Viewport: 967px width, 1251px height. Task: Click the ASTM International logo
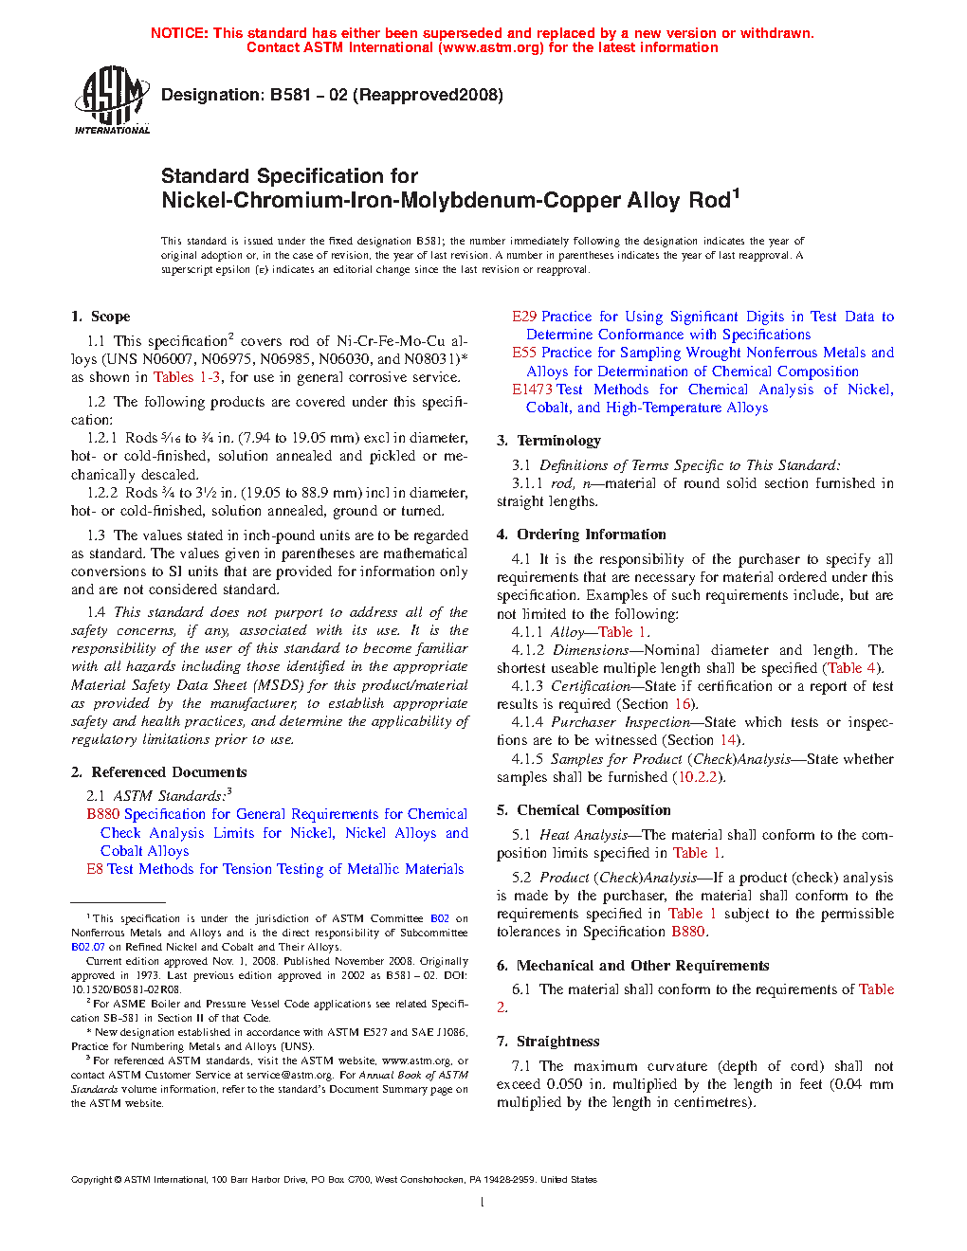[x=112, y=100]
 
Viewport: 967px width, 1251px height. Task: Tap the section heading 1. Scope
[x=100, y=317]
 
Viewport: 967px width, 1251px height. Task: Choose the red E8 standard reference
[x=95, y=869]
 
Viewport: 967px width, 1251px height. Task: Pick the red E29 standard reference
[x=524, y=317]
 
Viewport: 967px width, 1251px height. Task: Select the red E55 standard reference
[x=524, y=353]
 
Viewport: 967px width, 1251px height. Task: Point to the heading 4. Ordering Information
[x=581, y=535]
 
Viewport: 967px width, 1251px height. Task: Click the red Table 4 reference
[x=851, y=668]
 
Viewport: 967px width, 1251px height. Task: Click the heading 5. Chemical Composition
[x=584, y=810]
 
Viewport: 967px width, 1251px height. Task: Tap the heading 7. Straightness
[x=548, y=1042]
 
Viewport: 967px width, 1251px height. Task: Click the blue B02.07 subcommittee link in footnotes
[x=88, y=947]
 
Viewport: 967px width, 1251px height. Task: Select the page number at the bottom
[x=483, y=1203]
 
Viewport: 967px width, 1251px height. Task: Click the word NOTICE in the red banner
[x=179, y=33]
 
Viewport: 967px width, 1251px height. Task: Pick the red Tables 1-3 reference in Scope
[x=187, y=377]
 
